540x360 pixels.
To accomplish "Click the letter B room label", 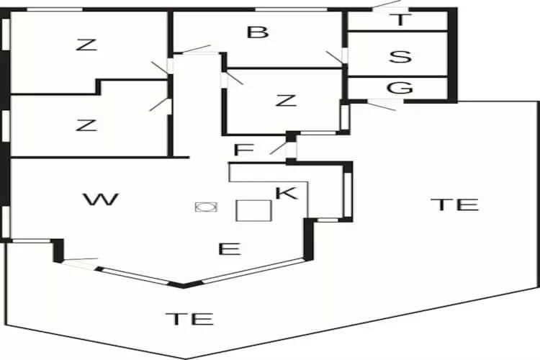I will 257,32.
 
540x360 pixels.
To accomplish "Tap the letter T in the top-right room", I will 400,20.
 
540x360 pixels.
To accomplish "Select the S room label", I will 400,56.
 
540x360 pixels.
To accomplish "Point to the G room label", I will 400,88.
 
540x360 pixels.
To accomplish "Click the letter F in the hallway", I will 244,150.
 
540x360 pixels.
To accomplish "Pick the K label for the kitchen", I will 287,192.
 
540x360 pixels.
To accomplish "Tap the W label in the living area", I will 101,199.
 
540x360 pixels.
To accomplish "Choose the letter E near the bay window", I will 229,249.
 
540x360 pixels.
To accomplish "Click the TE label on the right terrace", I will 454,204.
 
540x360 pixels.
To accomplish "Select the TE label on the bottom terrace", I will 189,318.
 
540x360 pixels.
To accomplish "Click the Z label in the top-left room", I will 86,45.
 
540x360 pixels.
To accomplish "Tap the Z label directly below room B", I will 286,100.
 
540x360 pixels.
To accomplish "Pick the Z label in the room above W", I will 86,125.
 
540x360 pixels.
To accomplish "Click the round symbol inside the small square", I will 207,207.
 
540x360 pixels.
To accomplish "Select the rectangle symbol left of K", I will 253,210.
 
